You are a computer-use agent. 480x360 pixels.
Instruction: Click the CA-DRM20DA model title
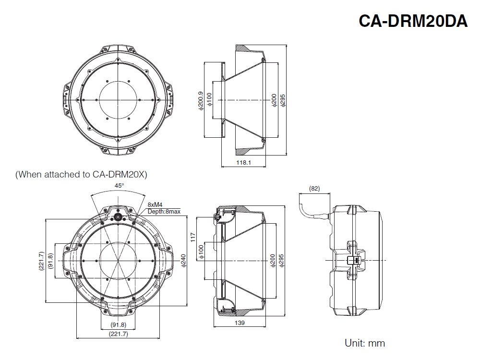[x=413, y=21]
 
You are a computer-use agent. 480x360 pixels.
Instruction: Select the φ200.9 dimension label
[x=201, y=101]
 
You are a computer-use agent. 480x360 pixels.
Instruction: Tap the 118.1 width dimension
[x=244, y=163]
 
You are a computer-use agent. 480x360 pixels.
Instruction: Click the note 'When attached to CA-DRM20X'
[x=81, y=174]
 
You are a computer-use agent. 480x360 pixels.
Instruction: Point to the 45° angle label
[x=119, y=185]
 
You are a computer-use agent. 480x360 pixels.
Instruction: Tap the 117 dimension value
[x=193, y=236]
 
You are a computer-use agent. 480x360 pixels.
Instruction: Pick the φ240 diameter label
[x=183, y=260]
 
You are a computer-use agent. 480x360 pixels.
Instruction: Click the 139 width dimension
[x=240, y=323]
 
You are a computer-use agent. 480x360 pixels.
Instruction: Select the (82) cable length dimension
[x=314, y=189]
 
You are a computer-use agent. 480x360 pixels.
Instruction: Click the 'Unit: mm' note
[x=365, y=343]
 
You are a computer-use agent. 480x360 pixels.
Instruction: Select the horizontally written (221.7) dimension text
[x=119, y=334]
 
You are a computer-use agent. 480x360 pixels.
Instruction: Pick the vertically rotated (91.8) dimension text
[x=51, y=261]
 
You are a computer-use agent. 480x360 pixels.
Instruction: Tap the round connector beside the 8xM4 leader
[x=118, y=217]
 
